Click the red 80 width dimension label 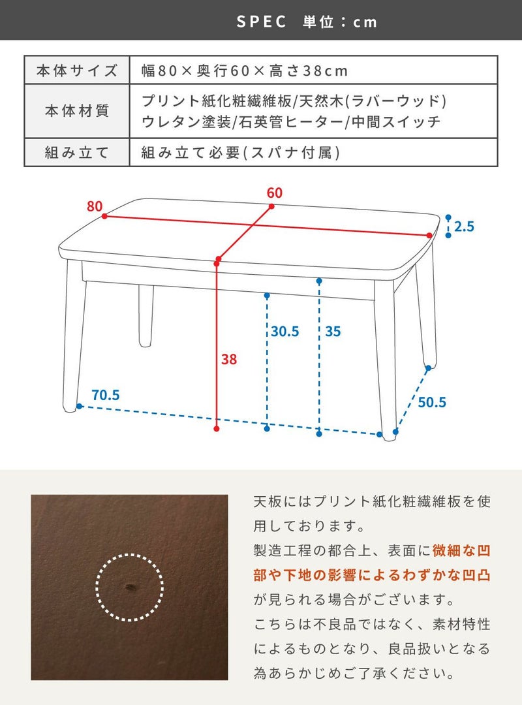point(95,206)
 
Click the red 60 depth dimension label point(274,193)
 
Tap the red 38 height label point(229,359)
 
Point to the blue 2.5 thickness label point(464,226)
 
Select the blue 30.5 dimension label point(285,332)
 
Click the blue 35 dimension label point(333,332)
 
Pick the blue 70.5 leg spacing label point(106,395)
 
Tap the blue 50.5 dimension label point(432,402)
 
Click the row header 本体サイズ point(77,70)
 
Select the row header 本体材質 point(77,110)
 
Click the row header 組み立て point(77,153)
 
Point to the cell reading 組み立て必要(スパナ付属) point(241,153)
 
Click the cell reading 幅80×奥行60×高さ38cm point(245,70)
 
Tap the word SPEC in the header point(262,21)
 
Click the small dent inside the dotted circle point(129,586)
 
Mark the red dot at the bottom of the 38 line point(217,429)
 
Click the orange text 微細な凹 point(461,550)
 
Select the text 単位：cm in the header point(340,22)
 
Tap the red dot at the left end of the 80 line point(104,216)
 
